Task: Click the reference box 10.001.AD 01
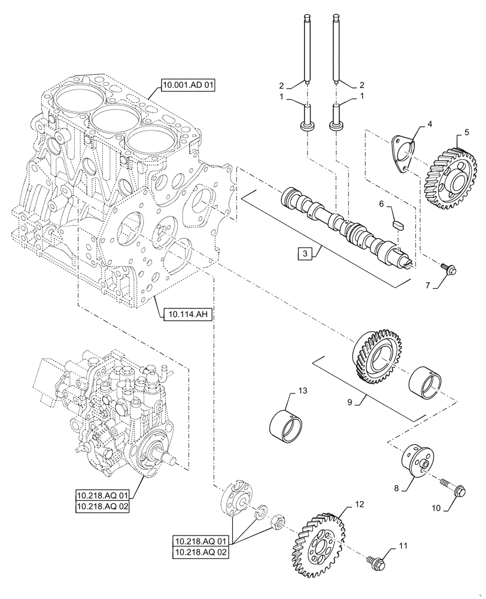point(187,85)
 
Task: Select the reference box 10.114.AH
point(184,313)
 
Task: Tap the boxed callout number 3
point(305,254)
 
